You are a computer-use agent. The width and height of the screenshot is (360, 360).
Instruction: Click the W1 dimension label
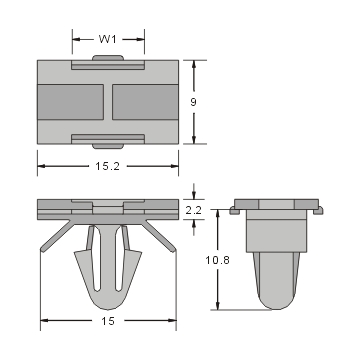click(107, 40)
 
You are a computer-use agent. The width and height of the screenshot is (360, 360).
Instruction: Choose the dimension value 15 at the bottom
click(108, 322)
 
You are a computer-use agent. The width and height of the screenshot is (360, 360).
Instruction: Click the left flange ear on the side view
click(236, 210)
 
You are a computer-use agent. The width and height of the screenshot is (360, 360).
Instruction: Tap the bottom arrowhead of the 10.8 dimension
click(217, 307)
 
